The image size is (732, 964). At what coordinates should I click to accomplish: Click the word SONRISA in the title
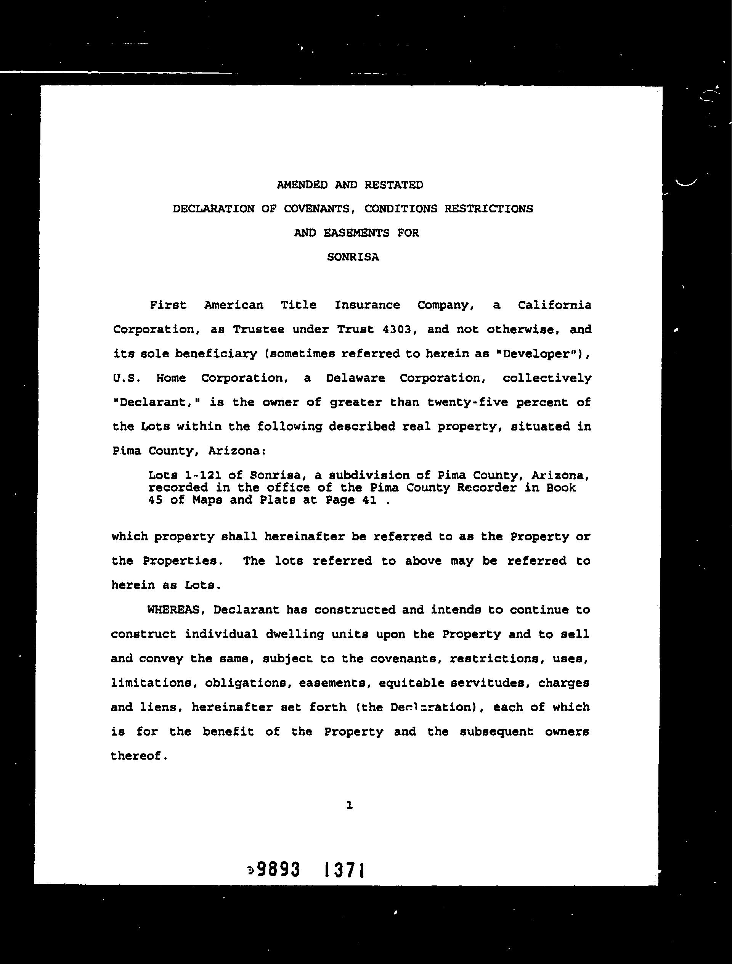(x=353, y=257)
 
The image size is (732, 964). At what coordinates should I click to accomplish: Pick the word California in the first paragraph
(x=554, y=305)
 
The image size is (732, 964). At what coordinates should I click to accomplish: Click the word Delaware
(x=355, y=378)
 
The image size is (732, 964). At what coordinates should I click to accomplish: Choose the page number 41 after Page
(x=369, y=500)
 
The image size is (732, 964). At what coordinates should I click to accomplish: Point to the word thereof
(x=138, y=756)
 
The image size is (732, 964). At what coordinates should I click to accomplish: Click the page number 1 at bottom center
(x=349, y=805)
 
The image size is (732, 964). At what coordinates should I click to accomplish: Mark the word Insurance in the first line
(x=367, y=305)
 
